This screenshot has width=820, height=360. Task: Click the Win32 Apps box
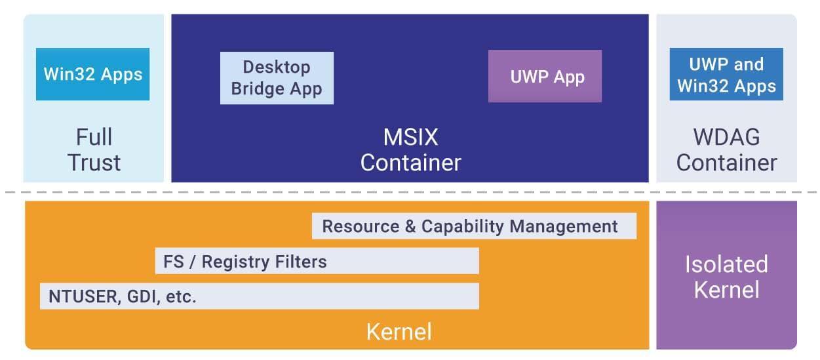click(92, 74)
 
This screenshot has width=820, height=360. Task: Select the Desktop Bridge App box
click(277, 78)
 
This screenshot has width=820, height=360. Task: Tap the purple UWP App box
click(545, 76)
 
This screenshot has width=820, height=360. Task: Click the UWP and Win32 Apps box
click(726, 75)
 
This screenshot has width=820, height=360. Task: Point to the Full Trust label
click(94, 150)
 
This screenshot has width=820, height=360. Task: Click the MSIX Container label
click(410, 150)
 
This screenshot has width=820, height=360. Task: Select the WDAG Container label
click(726, 150)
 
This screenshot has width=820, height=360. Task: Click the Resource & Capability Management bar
click(474, 226)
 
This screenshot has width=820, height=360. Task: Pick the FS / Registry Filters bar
click(317, 262)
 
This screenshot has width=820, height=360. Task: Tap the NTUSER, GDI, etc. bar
click(259, 296)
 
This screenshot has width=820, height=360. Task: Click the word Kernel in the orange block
click(399, 332)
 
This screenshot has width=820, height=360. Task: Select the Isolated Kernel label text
click(726, 276)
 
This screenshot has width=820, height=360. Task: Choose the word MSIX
click(410, 138)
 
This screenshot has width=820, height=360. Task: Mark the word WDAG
click(726, 138)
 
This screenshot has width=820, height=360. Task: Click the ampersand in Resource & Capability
click(410, 227)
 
